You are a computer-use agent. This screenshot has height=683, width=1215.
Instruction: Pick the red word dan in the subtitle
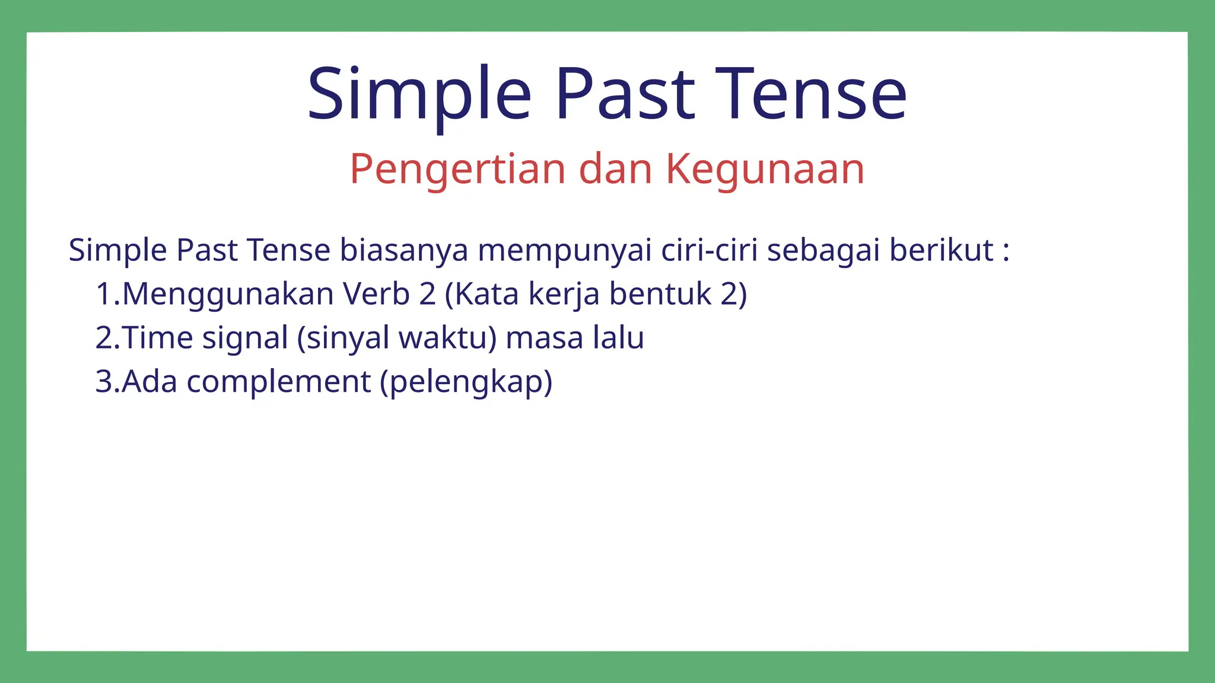615,169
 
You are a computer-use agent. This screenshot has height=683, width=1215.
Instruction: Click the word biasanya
403,250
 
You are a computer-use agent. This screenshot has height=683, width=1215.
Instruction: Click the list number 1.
104,294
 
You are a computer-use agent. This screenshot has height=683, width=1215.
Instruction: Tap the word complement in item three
278,382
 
